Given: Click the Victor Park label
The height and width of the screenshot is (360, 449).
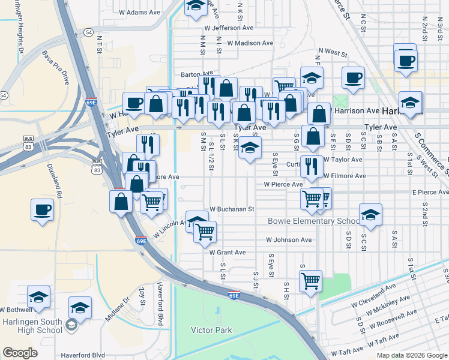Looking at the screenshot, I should tap(211, 330).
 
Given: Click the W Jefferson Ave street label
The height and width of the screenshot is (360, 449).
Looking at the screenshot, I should tap(229, 28).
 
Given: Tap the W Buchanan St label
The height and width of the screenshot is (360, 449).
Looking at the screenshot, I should tap(232, 210).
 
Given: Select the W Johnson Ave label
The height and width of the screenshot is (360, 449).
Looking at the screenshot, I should tap(289, 240).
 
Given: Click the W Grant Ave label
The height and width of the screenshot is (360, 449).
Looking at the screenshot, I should tap(228, 253).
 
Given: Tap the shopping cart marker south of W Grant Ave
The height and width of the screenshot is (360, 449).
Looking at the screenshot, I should tap(310, 280).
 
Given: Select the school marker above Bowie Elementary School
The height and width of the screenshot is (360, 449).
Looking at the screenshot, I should tap(370, 215).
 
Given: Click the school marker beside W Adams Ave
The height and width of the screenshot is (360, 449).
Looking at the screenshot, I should tap(195, 7).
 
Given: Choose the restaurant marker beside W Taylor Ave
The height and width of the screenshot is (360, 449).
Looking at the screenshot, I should tap(310, 166).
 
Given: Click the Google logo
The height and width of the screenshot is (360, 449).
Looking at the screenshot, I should tap(20, 353).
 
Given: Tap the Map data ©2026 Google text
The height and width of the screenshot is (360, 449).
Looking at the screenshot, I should tap(411, 355).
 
